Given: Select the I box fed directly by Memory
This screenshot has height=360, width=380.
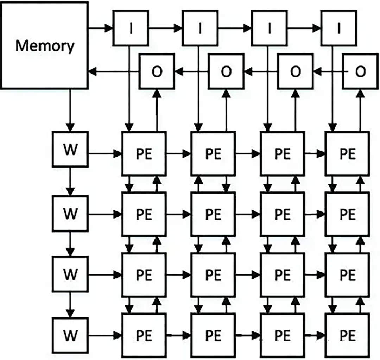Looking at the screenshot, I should tap(131, 28).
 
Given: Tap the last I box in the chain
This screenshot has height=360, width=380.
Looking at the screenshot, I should tap(339, 28).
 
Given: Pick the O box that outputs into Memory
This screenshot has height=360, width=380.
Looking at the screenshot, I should tap(157, 71).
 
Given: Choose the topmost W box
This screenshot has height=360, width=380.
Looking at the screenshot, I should tap(70, 149).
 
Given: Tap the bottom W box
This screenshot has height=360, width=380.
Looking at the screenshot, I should tap(70, 335).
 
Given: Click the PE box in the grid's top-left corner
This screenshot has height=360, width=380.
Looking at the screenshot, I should tap(144, 154).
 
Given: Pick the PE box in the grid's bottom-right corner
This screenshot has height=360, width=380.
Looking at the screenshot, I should tap(347, 336).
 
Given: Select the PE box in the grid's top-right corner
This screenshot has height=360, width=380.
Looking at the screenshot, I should tap(347, 154).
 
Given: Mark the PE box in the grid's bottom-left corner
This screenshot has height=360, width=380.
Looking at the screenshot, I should tap(144, 336).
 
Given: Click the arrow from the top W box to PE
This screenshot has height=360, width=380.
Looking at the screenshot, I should tap(104, 154).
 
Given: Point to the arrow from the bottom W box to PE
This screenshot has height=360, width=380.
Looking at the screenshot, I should tap(104, 336).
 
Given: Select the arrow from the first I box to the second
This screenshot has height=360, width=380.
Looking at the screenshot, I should tap(165, 28).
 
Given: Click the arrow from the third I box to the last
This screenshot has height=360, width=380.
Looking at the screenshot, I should tap(304, 28).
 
